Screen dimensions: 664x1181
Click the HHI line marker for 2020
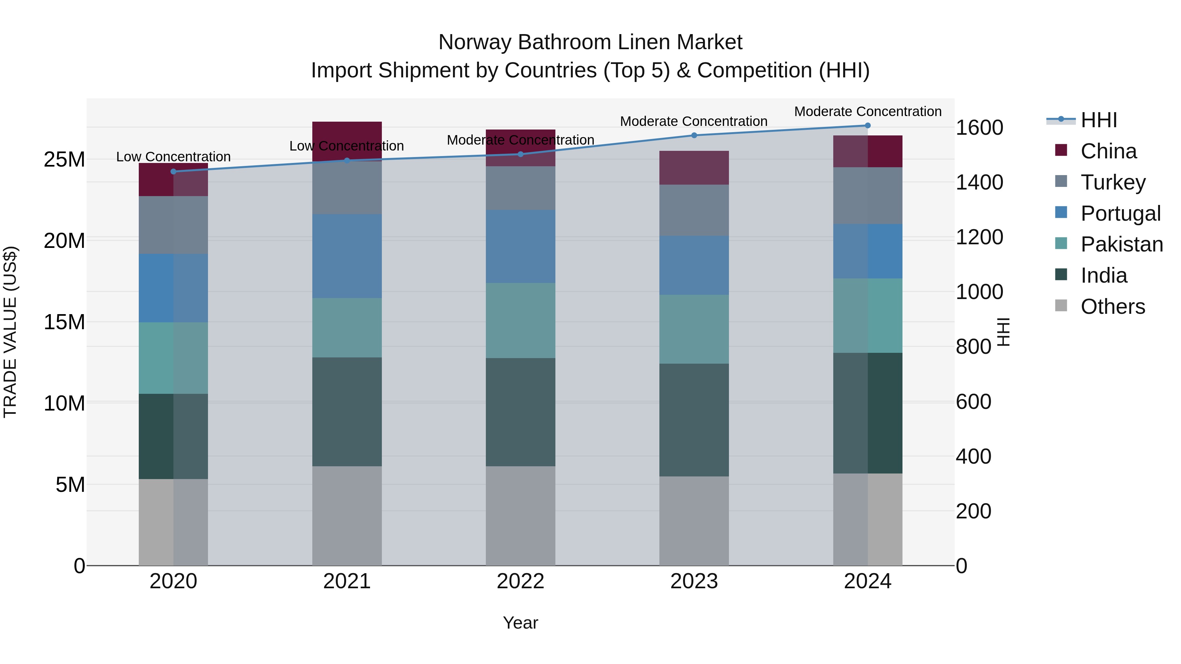tap(173, 171)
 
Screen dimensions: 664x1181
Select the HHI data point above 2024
tap(867, 125)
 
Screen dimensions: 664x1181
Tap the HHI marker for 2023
tap(694, 135)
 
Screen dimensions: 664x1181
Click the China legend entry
tap(1108, 151)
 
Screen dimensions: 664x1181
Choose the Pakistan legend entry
tap(1121, 244)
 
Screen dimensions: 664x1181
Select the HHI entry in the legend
tap(1098, 120)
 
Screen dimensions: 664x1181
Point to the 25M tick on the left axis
tap(64, 159)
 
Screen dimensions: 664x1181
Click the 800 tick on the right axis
tap(973, 347)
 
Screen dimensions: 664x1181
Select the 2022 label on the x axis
tap(520, 581)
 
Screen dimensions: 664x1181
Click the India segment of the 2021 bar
tap(347, 412)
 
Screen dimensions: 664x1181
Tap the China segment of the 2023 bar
tap(694, 168)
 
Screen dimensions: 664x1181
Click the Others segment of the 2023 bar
tap(694, 521)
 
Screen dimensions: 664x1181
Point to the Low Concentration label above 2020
tap(173, 157)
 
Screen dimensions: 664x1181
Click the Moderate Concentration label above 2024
tap(867, 111)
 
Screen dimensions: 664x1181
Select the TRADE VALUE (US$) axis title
tap(10, 332)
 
